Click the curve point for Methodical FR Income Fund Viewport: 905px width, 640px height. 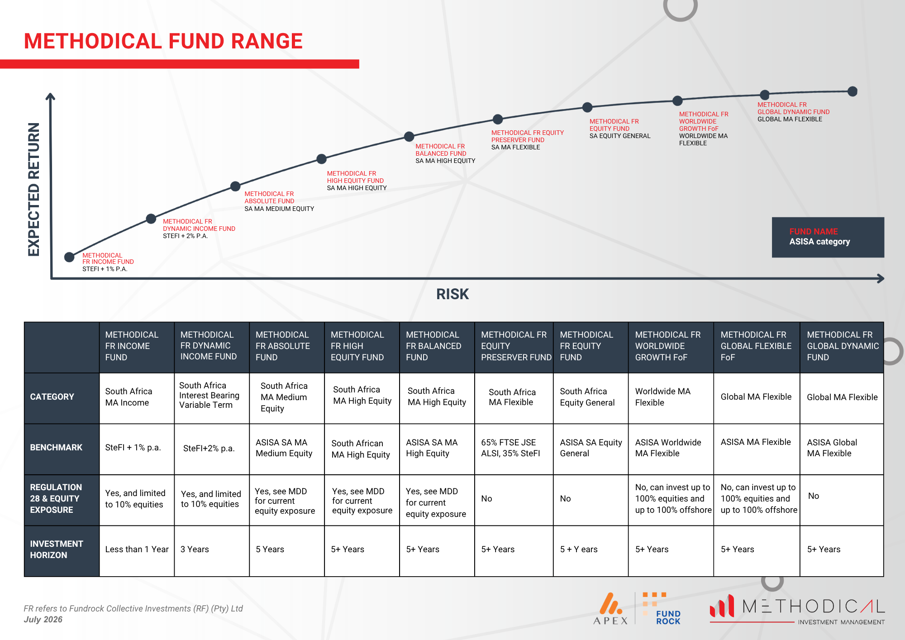pos(69,257)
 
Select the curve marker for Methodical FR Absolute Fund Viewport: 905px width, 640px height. pos(235,186)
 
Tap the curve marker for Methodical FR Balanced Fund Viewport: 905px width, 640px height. pos(409,136)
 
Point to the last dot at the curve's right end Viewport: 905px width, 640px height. pos(853,91)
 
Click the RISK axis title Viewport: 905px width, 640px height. pos(452,294)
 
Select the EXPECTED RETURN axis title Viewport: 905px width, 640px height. pos(34,189)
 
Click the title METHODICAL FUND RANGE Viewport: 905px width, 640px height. pos(163,41)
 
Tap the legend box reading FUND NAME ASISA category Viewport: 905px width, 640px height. pos(828,237)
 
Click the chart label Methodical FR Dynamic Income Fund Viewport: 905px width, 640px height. pos(199,225)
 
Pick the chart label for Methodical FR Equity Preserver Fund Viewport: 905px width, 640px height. pos(528,136)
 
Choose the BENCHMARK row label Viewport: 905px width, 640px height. pos(56,447)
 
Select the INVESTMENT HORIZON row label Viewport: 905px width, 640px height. pos(57,549)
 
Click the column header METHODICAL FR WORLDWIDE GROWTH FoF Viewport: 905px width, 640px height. pos(668,346)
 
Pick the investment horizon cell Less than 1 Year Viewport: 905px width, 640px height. pos(137,549)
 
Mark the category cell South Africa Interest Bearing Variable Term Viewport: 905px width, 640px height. pos(209,395)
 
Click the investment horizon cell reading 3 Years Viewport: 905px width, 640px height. pos(195,549)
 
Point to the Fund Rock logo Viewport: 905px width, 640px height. pos(661,609)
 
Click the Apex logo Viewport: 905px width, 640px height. pos(611,609)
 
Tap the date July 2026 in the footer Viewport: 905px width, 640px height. pos(43,619)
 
